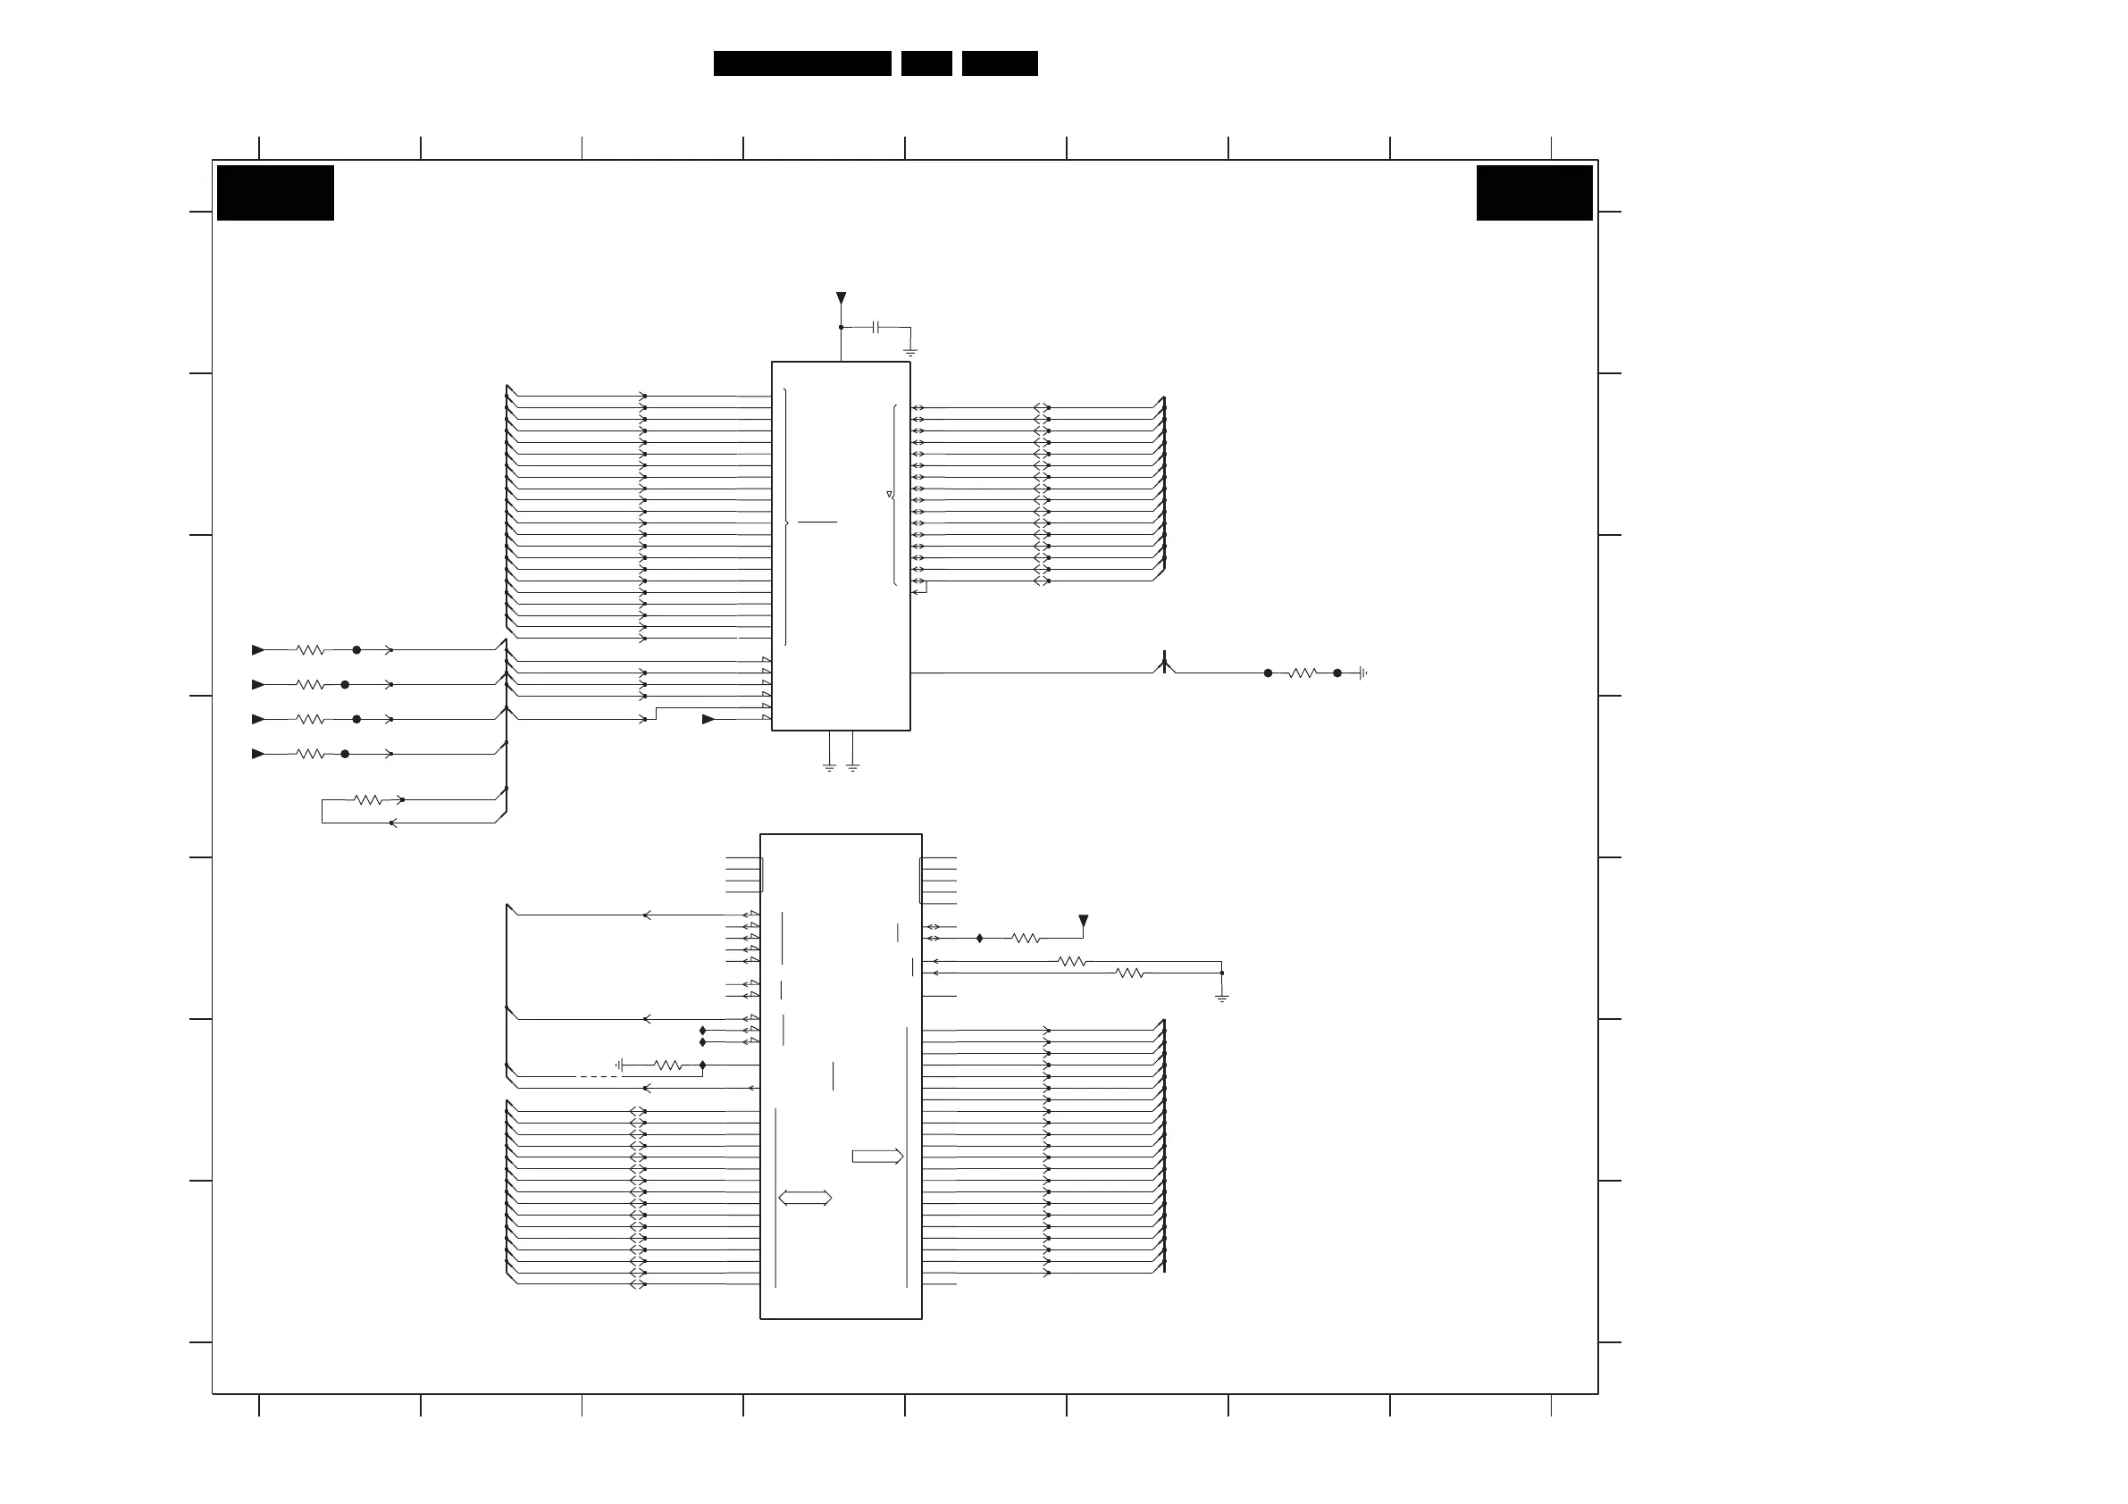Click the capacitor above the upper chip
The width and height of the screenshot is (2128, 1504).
coord(875,327)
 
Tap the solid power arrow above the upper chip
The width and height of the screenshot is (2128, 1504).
coord(841,298)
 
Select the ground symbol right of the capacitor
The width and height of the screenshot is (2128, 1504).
coord(910,352)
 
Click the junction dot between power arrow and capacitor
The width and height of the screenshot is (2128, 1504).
coord(841,327)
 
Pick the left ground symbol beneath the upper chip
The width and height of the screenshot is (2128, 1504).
coord(830,767)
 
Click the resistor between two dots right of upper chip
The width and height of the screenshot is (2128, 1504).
coord(1303,673)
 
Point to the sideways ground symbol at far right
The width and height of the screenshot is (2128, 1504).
coord(1362,673)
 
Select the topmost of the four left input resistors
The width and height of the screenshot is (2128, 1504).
coord(311,650)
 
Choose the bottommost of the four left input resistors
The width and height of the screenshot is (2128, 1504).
coord(311,755)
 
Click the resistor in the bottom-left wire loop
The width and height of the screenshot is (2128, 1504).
coord(368,799)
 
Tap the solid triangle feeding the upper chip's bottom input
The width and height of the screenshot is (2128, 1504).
coord(708,719)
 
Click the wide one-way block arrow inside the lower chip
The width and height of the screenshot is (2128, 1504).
coord(876,1157)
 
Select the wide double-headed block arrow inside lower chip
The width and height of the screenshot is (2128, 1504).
coord(805,1199)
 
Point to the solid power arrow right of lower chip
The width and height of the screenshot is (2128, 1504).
coord(1083,922)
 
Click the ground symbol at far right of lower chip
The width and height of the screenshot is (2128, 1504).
coord(1221,998)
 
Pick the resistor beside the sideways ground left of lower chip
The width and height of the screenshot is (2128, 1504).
coord(668,1065)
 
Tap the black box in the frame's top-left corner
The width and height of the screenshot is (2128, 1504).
coord(275,193)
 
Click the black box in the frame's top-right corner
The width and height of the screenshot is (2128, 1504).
coord(1534,193)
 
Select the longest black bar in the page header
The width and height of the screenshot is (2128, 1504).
coord(801,63)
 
